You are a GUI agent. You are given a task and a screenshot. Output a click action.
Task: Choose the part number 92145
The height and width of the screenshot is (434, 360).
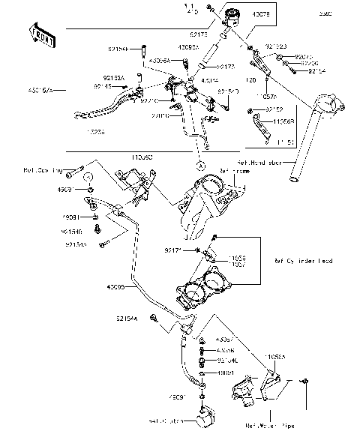pos(104,86)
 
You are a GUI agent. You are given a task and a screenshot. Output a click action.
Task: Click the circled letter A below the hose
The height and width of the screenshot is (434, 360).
pos(199,164)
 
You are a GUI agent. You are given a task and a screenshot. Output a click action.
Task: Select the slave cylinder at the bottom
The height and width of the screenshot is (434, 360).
pos(204,418)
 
